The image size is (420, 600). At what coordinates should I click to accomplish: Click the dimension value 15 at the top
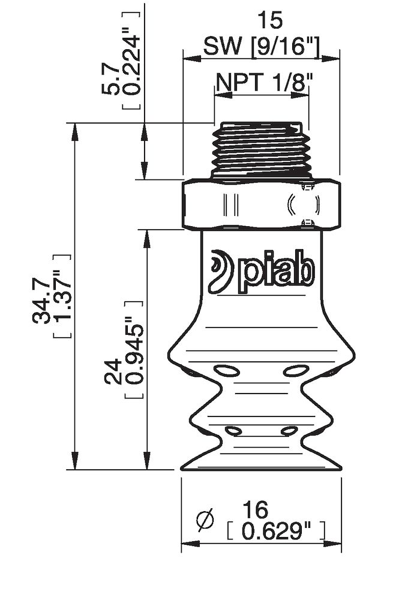[x=269, y=21]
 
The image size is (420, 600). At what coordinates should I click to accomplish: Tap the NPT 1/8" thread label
[x=262, y=82]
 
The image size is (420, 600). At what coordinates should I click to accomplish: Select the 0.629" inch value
[x=276, y=531]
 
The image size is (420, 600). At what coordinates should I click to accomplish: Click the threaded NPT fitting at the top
[x=262, y=149]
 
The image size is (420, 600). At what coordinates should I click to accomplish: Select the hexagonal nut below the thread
[x=262, y=204]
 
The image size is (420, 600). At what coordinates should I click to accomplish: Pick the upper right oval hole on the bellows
[x=295, y=371]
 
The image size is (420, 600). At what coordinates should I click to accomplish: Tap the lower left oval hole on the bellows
[x=233, y=430]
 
